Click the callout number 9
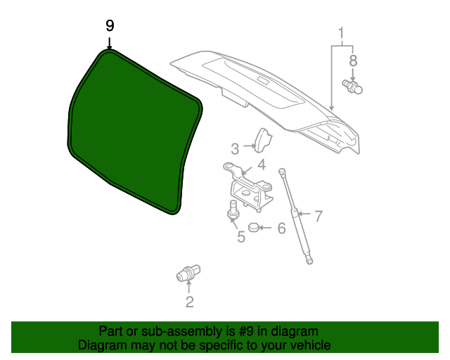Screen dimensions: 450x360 [110, 26]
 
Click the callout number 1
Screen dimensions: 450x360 [341, 33]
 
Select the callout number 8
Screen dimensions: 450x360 [353, 61]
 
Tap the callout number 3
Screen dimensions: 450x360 [235, 149]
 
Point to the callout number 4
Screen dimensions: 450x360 [261, 165]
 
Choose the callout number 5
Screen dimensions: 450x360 [241, 237]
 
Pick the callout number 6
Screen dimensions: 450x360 [281, 228]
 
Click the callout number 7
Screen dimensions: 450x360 [319, 216]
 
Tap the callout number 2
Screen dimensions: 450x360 [189, 302]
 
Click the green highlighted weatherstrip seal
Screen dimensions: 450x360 [135, 132]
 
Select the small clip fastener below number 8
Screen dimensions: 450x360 [352, 86]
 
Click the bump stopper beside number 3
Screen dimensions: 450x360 [262, 141]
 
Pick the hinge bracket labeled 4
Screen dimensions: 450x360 [248, 186]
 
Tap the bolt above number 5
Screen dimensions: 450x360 [233, 212]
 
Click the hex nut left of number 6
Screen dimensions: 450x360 [254, 228]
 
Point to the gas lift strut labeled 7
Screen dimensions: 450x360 [295, 216]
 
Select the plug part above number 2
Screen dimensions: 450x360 [188, 274]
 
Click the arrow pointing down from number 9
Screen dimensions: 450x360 [110, 43]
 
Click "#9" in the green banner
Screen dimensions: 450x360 [246, 331]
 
